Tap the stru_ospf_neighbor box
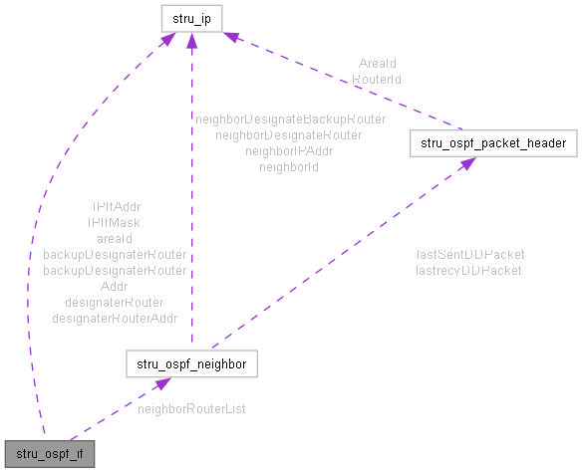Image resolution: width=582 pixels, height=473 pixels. click(x=191, y=364)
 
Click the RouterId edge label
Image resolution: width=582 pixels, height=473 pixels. click(x=377, y=77)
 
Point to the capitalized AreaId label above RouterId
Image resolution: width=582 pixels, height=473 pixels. click(x=377, y=63)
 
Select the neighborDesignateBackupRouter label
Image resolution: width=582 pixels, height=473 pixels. click(x=290, y=118)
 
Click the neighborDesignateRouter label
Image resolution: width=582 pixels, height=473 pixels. click(x=289, y=133)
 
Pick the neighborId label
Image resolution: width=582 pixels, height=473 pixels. click(x=289, y=166)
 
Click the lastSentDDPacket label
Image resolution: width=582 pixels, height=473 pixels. click(x=470, y=254)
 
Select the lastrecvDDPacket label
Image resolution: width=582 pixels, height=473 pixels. click(x=469, y=269)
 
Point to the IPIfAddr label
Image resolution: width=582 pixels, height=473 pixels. click(x=115, y=207)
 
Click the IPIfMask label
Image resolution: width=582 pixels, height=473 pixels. click(x=115, y=223)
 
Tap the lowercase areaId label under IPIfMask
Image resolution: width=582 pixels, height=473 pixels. click(x=115, y=239)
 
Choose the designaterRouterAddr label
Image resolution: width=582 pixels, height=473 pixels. click(x=115, y=319)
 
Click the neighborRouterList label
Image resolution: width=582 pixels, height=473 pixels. click(x=191, y=409)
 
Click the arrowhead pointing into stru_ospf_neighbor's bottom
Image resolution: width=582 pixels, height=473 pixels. click(x=158, y=383)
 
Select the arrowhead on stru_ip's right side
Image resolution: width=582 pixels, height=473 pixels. click(x=230, y=38)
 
